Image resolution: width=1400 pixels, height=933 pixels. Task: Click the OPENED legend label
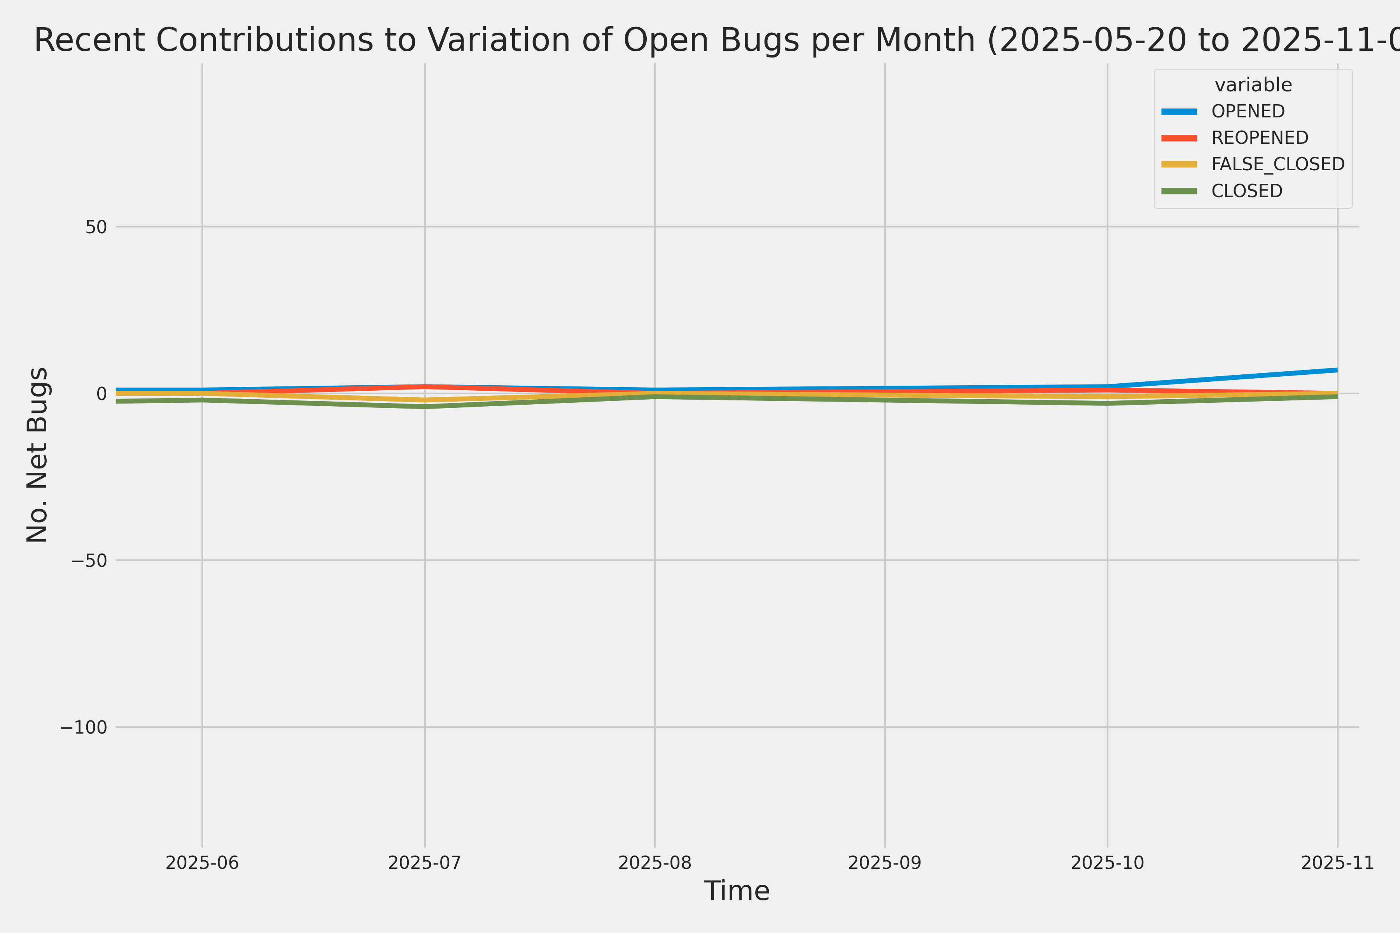coord(1248,111)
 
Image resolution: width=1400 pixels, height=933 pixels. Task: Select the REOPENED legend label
coord(1260,138)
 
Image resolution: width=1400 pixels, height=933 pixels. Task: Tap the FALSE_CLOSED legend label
coord(1278,164)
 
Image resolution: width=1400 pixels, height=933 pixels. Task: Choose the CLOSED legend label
coord(1246,191)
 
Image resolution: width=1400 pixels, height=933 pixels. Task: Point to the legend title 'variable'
coord(1253,85)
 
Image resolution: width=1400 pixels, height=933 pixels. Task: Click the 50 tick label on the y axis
coord(96,227)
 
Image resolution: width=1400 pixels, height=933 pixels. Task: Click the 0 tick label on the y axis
coord(101,393)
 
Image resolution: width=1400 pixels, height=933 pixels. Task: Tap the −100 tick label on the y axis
coord(83,727)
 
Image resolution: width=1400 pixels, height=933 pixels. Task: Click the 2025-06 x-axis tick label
coord(202,863)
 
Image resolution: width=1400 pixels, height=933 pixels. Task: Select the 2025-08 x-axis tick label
coord(655,863)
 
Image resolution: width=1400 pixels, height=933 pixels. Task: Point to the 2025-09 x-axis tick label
coord(884,863)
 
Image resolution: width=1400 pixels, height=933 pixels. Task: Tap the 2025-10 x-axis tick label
coord(1107,863)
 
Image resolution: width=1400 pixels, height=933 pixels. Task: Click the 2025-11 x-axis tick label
coord(1337,863)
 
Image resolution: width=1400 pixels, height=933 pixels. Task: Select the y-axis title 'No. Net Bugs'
coord(37,454)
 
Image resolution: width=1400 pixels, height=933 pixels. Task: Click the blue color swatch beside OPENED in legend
coord(1179,111)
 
